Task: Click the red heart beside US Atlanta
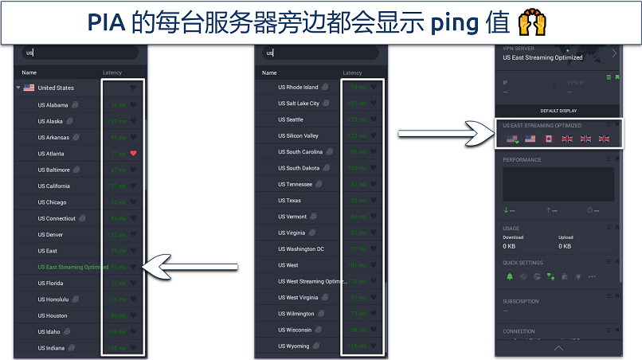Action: [x=134, y=153]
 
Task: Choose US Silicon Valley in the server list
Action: [x=298, y=136]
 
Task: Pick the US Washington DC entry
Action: [x=300, y=249]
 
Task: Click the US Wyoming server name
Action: [x=293, y=346]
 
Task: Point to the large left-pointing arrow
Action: [x=190, y=266]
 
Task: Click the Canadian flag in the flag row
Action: [x=548, y=139]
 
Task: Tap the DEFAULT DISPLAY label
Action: [x=558, y=111]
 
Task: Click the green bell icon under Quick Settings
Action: [x=510, y=276]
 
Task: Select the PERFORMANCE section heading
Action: [x=522, y=160]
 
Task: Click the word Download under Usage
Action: [x=514, y=237]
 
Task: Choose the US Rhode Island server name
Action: [x=298, y=88]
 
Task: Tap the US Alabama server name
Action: [x=53, y=104]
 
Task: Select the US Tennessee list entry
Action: [x=295, y=185]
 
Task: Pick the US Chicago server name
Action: [x=52, y=202]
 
